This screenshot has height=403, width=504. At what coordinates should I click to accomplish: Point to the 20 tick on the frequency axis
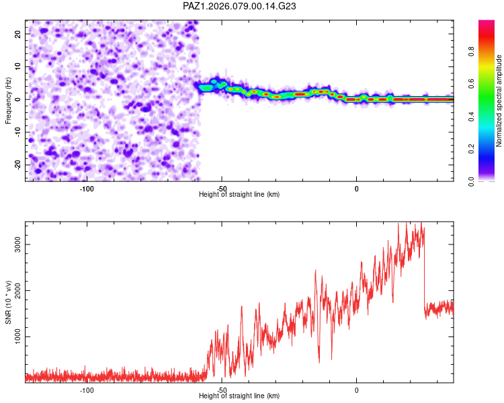pyautogui.click(x=18, y=34)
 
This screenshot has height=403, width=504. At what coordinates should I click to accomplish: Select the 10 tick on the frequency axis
pyautogui.click(x=18, y=66)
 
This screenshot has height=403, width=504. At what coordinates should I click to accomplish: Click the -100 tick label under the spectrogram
pyautogui.click(x=86, y=189)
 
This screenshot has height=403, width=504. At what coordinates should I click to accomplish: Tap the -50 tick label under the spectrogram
pyautogui.click(x=222, y=189)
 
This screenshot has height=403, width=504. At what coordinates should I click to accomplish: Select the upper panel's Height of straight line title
pyautogui.click(x=239, y=194)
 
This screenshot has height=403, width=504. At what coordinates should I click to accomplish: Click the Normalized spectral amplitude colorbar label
pyautogui.click(x=499, y=101)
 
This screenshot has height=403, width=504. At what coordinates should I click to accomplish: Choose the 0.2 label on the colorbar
pyautogui.click(x=491, y=148)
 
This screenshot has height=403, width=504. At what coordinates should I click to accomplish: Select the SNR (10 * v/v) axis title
pyautogui.click(x=8, y=302)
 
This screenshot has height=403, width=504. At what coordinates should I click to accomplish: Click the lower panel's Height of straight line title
pyautogui.click(x=239, y=396)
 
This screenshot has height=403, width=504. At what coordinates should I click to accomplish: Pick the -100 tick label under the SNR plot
pyautogui.click(x=86, y=390)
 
